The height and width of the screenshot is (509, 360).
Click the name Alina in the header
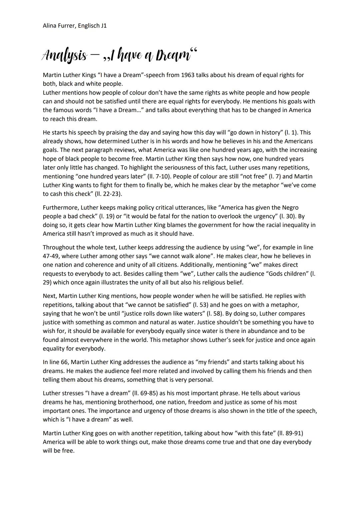pos(50,26)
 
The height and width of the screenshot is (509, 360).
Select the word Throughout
pos(58,247)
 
